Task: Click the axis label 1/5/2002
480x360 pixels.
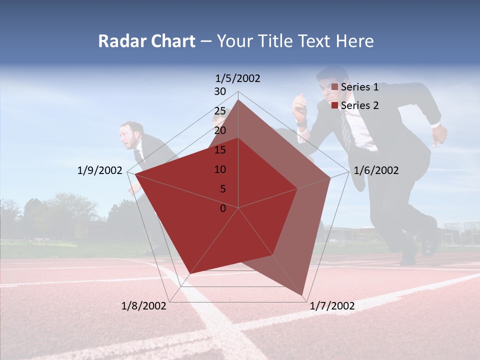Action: [237, 78]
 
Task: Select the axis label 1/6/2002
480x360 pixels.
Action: [376, 170]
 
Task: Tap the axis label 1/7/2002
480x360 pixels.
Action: [332, 306]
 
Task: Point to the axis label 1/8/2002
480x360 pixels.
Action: [144, 306]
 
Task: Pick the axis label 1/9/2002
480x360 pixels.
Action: [99, 170]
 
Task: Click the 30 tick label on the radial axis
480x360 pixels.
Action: [220, 91]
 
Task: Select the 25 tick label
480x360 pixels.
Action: [220, 111]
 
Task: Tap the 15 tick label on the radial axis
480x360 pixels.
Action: [220, 150]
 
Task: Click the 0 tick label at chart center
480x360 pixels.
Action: [223, 208]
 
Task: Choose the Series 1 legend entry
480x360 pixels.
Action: [355, 87]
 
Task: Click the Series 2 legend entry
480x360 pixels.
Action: [355, 105]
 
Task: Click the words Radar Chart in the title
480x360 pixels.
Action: [146, 41]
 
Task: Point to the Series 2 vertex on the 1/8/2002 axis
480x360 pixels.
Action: [189, 274]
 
